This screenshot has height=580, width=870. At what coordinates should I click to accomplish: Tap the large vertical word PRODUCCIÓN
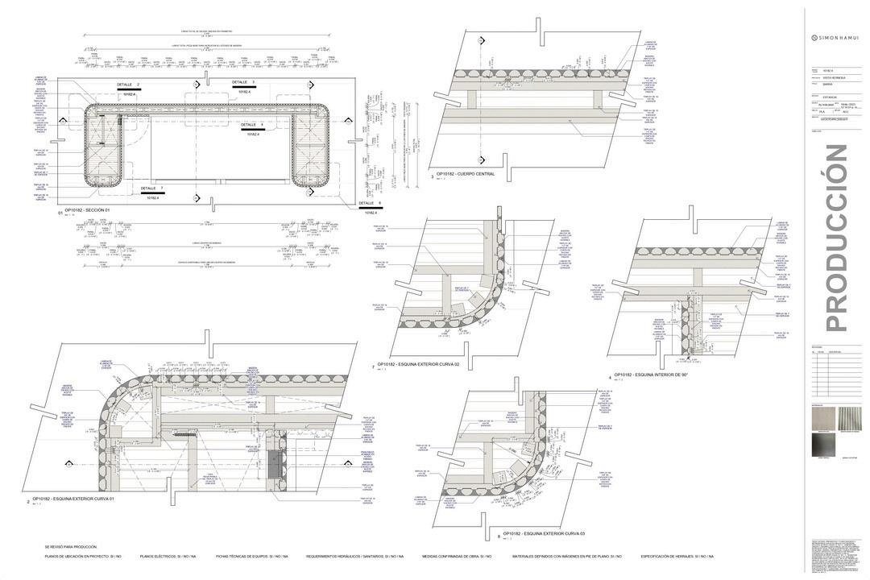(x=837, y=238)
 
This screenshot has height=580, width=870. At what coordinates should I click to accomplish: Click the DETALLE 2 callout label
(x=128, y=85)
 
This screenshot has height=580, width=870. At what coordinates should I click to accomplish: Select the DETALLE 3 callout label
(x=243, y=82)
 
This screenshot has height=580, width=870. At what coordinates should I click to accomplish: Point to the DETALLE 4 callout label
(x=251, y=125)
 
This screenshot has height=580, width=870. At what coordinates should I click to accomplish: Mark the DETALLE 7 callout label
(x=151, y=188)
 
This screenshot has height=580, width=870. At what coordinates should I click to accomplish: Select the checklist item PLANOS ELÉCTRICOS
(x=168, y=557)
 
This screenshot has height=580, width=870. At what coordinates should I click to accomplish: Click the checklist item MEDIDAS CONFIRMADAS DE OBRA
(x=457, y=557)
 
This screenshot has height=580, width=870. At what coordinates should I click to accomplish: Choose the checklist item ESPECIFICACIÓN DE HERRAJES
(x=677, y=557)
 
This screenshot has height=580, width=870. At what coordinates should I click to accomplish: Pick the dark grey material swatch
(x=825, y=446)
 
